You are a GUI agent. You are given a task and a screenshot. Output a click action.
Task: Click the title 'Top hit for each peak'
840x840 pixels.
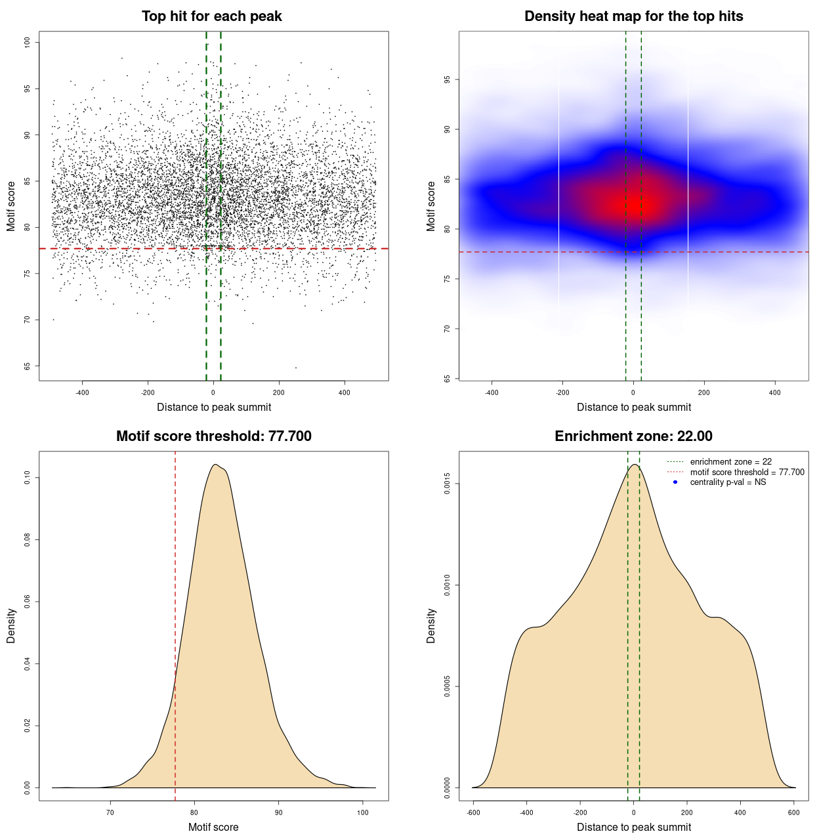click(211, 16)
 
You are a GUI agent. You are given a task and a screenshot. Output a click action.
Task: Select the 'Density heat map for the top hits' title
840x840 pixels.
click(633, 16)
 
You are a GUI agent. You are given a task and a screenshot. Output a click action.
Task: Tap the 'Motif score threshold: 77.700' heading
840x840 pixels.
click(213, 436)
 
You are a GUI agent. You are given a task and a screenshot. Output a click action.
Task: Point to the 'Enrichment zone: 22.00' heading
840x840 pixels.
click(633, 436)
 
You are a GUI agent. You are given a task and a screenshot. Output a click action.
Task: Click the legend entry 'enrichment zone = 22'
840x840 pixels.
click(730, 462)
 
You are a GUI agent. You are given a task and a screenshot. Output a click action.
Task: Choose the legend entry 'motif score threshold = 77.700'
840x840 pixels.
click(747, 472)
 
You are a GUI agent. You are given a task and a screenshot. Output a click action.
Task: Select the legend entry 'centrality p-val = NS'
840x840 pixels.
click(728, 482)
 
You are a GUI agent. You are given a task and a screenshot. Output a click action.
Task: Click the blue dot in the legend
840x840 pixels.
click(675, 482)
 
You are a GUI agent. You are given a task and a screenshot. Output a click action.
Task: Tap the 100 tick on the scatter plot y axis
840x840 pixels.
click(27, 42)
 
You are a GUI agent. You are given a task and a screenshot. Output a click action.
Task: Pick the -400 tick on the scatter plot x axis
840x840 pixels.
click(82, 392)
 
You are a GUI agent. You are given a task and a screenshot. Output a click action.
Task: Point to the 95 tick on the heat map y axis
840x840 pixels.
click(447, 79)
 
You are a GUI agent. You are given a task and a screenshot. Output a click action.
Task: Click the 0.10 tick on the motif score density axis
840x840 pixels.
click(27, 478)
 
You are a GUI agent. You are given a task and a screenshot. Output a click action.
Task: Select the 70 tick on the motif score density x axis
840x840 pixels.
click(110, 812)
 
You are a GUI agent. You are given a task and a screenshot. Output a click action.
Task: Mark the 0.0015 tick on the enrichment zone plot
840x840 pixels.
click(447, 484)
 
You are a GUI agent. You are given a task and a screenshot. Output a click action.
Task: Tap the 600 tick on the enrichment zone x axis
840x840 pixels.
click(794, 812)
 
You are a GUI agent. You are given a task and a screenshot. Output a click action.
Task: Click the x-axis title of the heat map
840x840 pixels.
click(633, 408)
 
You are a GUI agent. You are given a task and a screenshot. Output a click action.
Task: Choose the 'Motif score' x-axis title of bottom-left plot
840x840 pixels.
click(213, 828)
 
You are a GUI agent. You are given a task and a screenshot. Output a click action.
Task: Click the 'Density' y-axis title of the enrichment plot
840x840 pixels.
click(431, 625)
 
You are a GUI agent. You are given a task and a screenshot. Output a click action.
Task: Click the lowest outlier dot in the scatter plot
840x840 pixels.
click(296, 367)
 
